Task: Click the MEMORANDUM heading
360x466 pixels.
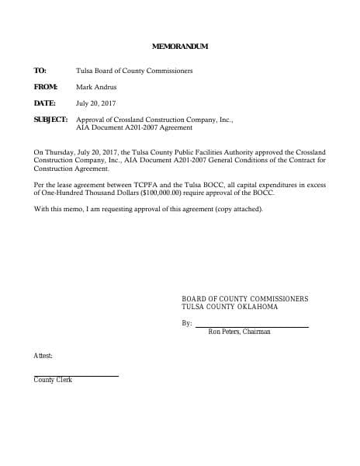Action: pyautogui.click(x=180, y=47)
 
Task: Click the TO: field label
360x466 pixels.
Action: pyautogui.click(x=40, y=71)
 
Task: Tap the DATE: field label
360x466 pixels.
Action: pyautogui.click(x=44, y=103)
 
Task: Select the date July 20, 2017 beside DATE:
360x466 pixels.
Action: pyautogui.click(x=96, y=103)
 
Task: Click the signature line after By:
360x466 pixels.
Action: pyautogui.click(x=251, y=326)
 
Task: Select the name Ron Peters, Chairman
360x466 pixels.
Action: pyautogui.click(x=240, y=332)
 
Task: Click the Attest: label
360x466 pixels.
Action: pyautogui.click(x=43, y=355)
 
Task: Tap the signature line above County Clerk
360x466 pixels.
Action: pyautogui.click(x=76, y=376)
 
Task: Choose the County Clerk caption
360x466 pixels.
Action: pyautogui.click(x=53, y=381)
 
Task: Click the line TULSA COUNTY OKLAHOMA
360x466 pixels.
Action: pyautogui.click(x=230, y=308)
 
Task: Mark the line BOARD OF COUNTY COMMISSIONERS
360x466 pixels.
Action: pyautogui.click(x=244, y=299)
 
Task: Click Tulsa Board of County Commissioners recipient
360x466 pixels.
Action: pyautogui.click(x=135, y=71)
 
